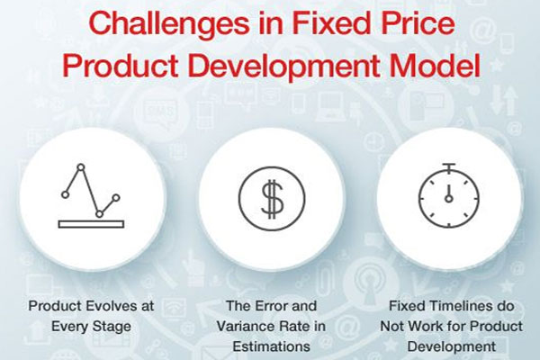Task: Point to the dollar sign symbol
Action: pyautogui.click(x=272, y=199)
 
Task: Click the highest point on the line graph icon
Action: pyautogui.click(x=81, y=167)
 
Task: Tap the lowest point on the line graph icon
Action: pyautogui.click(x=99, y=214)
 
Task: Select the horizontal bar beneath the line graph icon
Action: pyautogui.click(x=91, y=224)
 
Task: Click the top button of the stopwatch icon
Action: pyautogui.click(x=449, y=165)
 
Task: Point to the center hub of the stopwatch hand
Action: pyautogui.click(x=449, y=198)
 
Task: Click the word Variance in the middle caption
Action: pyautogui.click(x=241, y=326)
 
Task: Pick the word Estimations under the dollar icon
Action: pyautogui.click(x=272, y=346)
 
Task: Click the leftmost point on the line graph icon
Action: pyautogui.click(x=65, y=194)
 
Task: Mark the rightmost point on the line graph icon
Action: pyautogui.click(x=116, y=198)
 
